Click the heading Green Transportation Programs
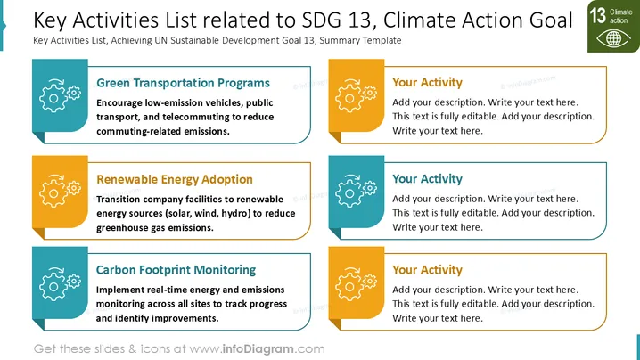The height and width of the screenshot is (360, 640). tap(183, 83)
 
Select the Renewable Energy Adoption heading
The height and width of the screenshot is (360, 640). tap(175, 180)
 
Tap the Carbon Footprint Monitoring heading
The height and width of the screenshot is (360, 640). tap(176, 270)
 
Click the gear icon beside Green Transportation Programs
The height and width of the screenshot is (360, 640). tap(60, 96)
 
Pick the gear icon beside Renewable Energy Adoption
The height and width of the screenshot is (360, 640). tap(60, 191)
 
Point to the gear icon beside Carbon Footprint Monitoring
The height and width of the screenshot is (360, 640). tap(60, 284)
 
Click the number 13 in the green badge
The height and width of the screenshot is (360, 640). tap(597, 15)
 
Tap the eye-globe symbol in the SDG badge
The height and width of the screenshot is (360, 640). tap(613, 39)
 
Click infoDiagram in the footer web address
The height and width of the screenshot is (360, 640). tap(258, 349)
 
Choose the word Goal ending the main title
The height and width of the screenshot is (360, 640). tap(551, 20)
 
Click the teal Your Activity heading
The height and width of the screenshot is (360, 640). tap(427, 179)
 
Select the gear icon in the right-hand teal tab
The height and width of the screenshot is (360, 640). tap(356, 191)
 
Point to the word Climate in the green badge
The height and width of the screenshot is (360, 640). tap(620, 12)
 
